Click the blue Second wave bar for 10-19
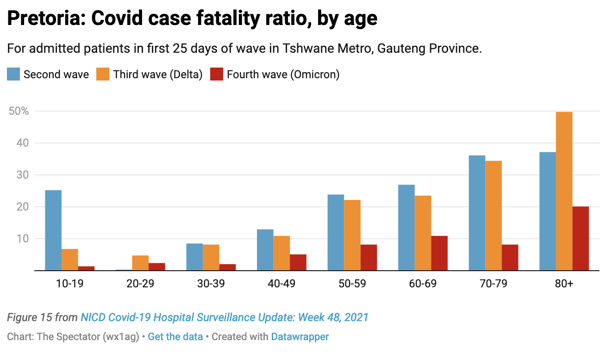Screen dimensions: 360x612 click(x=53, y=230)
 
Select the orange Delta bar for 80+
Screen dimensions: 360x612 click(x=564, y=191)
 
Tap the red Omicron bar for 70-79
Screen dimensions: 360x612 click(x=510, y=257)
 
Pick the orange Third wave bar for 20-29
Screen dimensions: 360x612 click(x=140, y=263)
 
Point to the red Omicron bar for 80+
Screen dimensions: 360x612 click(x=581, y=238)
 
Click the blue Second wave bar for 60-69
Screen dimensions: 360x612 click(x=406, y=227)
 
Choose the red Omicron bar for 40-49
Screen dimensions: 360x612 click(x=298, y=262)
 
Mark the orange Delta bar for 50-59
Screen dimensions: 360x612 click(x=352, y=235)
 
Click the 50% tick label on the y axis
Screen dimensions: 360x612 click(x=19, y=112)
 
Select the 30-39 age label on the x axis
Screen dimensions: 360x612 click(x=211, y=284)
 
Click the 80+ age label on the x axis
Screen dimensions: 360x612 click(x=564, y=284)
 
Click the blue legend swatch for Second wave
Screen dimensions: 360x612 click(x=13, y=74)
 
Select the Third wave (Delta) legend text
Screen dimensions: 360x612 click(x=158, y=74)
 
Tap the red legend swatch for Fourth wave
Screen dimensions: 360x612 click(x=217, y=74)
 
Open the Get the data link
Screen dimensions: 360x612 click(x=175, y=337)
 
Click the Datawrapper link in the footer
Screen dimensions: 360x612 click(x=300, y=337)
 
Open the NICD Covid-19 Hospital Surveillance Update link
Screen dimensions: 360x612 click(x=225, y=317)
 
